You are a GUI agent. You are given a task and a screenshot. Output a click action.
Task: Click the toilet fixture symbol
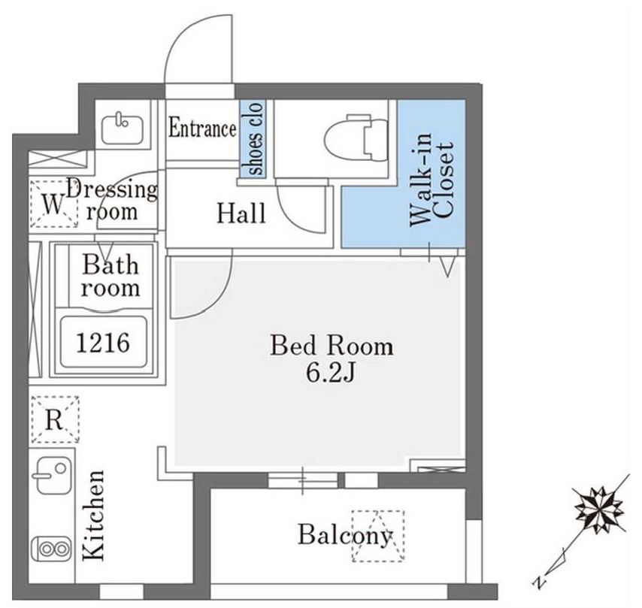coord(356,138)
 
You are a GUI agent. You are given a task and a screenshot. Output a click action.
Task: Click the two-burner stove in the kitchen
coord(52,549)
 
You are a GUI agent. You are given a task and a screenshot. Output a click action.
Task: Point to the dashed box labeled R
coord(55,419)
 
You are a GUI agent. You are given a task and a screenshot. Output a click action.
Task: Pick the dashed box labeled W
coord(53,204)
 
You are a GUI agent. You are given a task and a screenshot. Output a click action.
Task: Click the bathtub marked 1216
coord(103,342)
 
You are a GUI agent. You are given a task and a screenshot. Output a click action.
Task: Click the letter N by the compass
coord(540,582)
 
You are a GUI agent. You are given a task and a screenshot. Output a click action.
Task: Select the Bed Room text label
coord(332,346)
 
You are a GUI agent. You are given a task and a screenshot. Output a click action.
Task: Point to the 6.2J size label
coord(331,373)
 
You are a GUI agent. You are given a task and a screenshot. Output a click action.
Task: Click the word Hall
coord(241,213)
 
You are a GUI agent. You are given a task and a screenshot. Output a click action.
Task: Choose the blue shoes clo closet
coord(253,138)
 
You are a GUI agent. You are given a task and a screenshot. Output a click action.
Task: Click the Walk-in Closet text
coord(432,180)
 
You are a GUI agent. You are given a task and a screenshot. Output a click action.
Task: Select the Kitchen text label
coord(93,515)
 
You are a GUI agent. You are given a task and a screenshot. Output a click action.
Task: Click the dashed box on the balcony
coord(378,536)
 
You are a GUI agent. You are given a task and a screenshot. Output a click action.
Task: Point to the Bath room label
coord(111,276)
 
